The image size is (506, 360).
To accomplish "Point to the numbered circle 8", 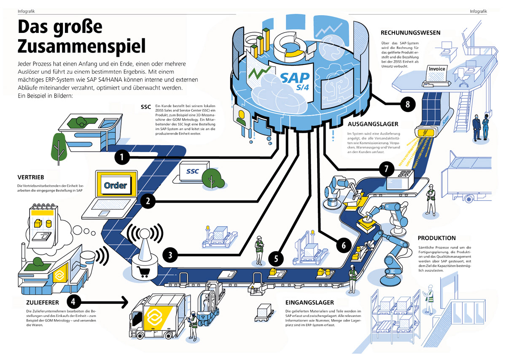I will pyautogui.click(x=407, y=104).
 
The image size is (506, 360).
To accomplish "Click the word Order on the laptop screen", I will pyautogui.click(x=116, y=186).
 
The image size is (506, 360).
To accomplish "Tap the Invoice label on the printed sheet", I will pyautogui.click(x=437, y=69).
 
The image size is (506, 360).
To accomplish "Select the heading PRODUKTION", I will pyautogui.click(x=436, y=238).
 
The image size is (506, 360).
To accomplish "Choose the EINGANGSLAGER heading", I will pyautogui.click(x=310, y=303).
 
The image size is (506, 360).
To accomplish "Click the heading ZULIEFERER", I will pyautogui.click(x=36, y=302).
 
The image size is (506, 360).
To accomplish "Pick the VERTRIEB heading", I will pyautogui.click(x=31, y=177).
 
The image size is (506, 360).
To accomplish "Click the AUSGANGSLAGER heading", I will pyautogui.click(x=373, y=125).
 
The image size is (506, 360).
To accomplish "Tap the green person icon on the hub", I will pyautogui.click(x=241, y=117).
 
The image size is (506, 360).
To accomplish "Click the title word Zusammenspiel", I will pyautogui.click(x=81, y=45).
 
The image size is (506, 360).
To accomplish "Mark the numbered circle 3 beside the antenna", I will pyautogui.click(x=170, y=254).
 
